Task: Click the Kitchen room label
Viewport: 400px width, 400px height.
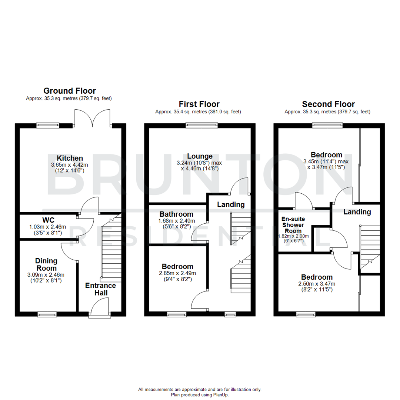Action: point(70,158)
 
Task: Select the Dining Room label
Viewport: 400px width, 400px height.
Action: point(46,264)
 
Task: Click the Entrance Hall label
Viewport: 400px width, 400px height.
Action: point(100,289)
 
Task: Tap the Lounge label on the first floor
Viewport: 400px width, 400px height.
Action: point(200,156)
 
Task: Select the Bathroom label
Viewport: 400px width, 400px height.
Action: point(176,214)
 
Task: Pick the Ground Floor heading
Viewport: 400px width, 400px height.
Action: point(70,91)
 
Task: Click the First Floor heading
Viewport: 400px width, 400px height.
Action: point(199,104)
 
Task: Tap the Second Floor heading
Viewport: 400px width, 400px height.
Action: point(328,104)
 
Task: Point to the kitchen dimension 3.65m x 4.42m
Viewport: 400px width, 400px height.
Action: point(70,165)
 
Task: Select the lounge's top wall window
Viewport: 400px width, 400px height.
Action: point(202,126)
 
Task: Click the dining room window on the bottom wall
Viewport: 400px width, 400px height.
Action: point(47,314)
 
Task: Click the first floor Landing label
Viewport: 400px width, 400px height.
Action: point(231,204)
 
